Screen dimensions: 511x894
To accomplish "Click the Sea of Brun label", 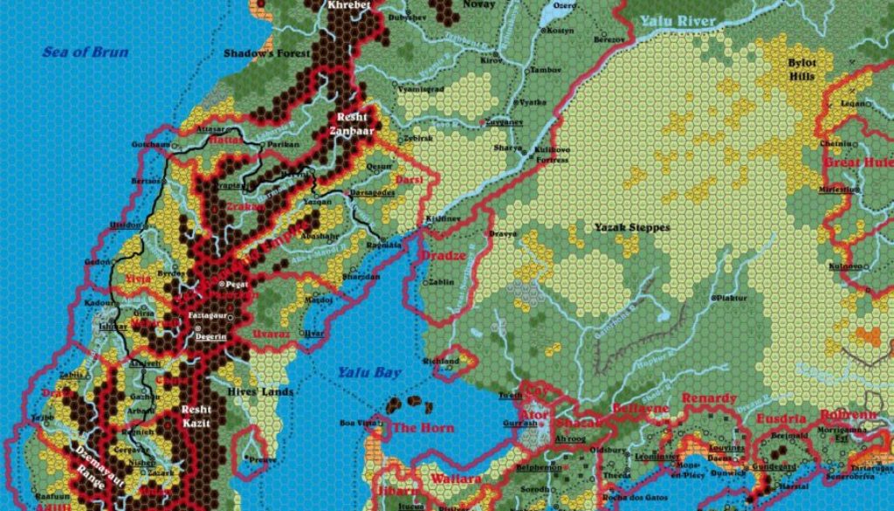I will tap(85, 52).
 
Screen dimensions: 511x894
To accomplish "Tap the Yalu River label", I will tap(677, 21).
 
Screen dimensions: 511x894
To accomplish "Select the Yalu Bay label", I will tap(369, 373).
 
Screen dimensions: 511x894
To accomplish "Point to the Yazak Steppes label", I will tap(632, 227).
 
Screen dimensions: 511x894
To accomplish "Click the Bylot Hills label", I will tap(801, 70).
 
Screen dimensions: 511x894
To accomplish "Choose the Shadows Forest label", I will tap(266, 53).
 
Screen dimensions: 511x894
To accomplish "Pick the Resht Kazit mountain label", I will tap(196, 415).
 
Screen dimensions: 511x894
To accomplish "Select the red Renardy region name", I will tap(709, 399).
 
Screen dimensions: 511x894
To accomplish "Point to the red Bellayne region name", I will tap(641, 408).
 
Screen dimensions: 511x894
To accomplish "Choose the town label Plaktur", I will tap(731, 298).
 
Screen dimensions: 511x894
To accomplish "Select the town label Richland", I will tap(440, 361).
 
